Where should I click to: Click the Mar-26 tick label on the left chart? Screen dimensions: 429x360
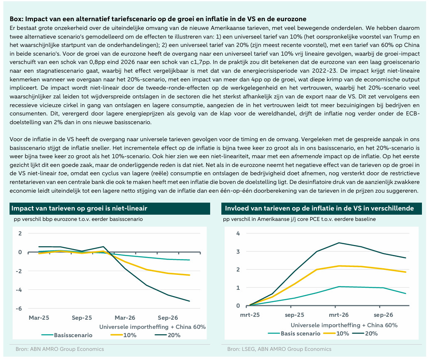[125, 318]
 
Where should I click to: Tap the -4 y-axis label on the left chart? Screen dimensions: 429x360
[19, 290]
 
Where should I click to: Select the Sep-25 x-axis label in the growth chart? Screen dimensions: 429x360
[82, 318]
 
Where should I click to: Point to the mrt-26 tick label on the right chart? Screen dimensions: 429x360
[339, 315]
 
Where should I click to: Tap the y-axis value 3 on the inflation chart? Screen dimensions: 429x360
[238, 252]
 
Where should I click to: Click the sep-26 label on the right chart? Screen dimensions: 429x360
[383, 315]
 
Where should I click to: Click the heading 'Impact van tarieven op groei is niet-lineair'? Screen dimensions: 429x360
[79, 208]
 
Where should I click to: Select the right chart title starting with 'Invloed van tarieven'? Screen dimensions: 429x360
[319, 208]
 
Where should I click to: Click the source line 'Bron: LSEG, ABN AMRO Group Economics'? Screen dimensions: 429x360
[279, 349]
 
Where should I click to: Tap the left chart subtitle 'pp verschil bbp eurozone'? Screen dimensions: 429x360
[78, 219]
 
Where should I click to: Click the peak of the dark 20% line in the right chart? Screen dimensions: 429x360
[339, 242]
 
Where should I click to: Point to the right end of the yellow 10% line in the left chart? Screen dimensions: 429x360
[190, 275]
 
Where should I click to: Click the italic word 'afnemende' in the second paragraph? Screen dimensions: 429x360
[306, 157]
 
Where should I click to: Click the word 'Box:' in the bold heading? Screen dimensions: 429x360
[17, 19]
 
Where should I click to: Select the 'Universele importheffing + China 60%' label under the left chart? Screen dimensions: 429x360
[152, 327]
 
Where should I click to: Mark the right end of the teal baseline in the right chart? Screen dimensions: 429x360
[405, 294]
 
